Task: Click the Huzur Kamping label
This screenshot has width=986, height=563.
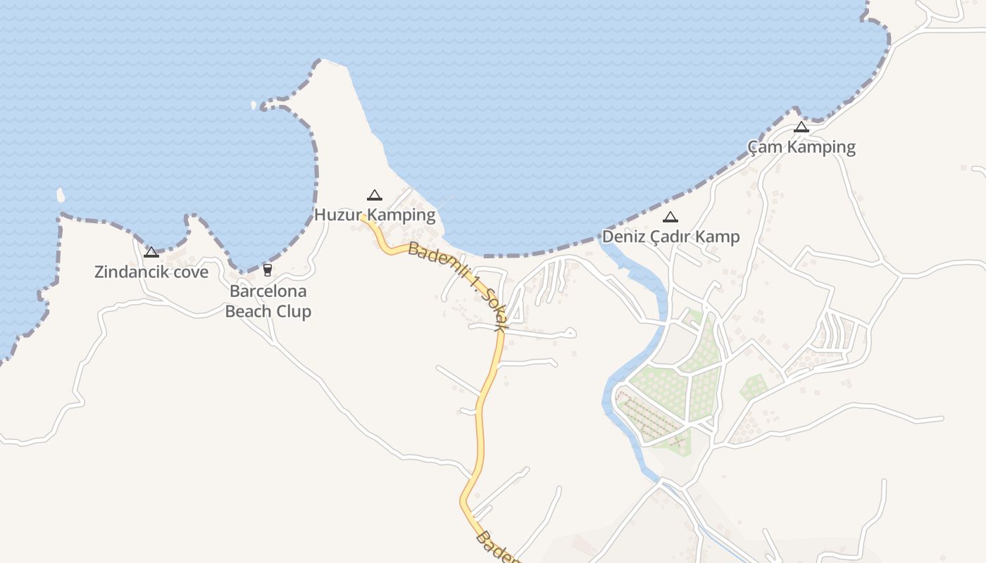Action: pyautogui.click(x=375, y=215)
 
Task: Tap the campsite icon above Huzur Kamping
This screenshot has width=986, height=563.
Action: pyautogui.click(x=375, y=195)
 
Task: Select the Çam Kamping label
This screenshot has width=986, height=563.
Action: pyautogui.click(x=801, y=147)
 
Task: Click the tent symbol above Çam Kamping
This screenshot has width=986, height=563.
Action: pyautogui.click(x=801, y=127)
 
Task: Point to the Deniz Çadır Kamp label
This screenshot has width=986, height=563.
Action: pyautogui.click(x=670, y=236)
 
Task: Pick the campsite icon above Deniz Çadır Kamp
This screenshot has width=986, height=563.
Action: pyautogui.click(x=670, y=217)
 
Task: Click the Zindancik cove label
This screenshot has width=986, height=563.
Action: pyautogui.click(x=151, y=272)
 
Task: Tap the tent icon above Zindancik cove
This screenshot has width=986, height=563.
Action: pyautogui.click(x=151, y=252)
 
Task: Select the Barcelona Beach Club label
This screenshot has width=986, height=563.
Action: pyautogui.click(x=268, y=301)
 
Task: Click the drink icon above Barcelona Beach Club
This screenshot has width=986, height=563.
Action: pyautogui.click(x=268, y=270)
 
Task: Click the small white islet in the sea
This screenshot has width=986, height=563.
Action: pyautogui.click(x=61, y=194)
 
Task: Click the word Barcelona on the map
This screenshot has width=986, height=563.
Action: pyautogui.click(x=268, y=291)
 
